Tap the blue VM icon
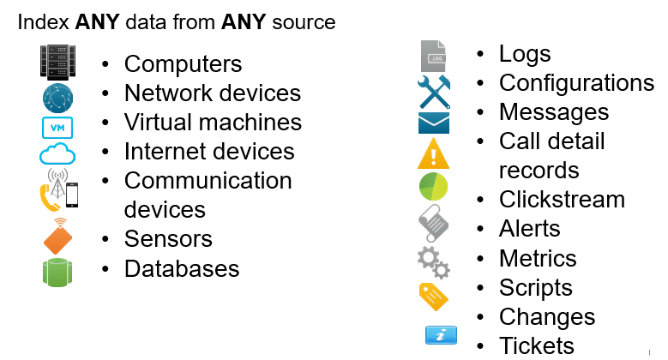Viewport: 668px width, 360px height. tap(57, 127)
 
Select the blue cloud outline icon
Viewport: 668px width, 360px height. tap(57, 154)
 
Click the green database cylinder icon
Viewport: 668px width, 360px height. tap(57, 271)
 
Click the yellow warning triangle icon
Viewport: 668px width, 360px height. tap(433, 154)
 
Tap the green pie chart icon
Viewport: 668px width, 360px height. tap(433, 186)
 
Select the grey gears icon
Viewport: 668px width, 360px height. tap(433, 261)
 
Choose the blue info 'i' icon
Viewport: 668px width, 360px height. tap(441, 335)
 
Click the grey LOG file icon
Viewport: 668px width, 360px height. tap(434, 57)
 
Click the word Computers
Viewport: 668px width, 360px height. tap(183, 63)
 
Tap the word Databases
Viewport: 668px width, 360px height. tap(182, 268)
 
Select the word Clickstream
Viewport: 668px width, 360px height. tap(562, 200)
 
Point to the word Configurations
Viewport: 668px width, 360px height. tap(576, 83)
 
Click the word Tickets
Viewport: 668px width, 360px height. tap(537, 345)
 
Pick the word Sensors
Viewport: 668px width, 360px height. tap(168, 238)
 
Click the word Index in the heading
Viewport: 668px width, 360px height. tap(37, 22)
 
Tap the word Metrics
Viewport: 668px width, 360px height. tap(538, 258)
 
